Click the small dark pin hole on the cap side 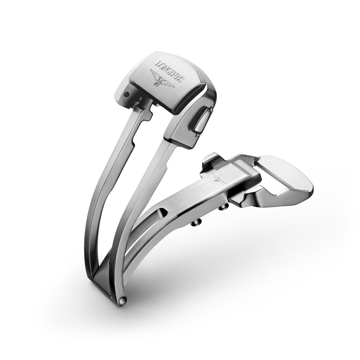pos(125,94)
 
